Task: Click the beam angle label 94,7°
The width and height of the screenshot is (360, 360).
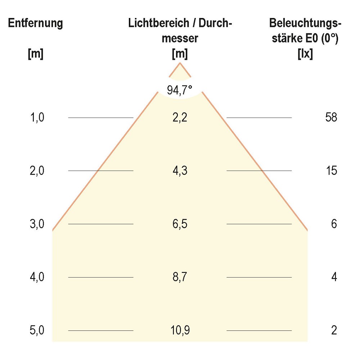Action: click(x=180, y=90)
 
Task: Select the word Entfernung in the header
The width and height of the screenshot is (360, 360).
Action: click(x=36, y=23)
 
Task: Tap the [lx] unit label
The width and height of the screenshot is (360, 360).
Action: click(x=305, y=54)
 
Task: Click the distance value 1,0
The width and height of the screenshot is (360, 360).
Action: click(x=37, y=117)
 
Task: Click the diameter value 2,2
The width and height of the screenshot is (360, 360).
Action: click(x=180, y=117)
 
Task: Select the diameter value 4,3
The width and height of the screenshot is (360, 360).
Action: click(x=180, y=171)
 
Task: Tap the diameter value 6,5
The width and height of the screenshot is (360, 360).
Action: click(x=180, y=224)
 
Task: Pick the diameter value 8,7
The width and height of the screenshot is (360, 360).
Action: click(x=180, y=277)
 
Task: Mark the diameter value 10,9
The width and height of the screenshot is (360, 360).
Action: click(x=180, y=330)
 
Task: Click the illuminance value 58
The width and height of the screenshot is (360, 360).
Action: click(x=330, y=117)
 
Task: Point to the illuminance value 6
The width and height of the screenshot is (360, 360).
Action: click(x=334, y=224)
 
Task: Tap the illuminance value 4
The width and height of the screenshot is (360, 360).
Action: click(x=334, y=277)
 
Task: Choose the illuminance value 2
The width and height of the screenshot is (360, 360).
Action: click(x=334, y=330)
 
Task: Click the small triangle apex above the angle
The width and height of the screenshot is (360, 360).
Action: click(x=180, y=70)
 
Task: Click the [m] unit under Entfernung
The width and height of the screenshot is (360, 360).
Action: click(x=36, y=54)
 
